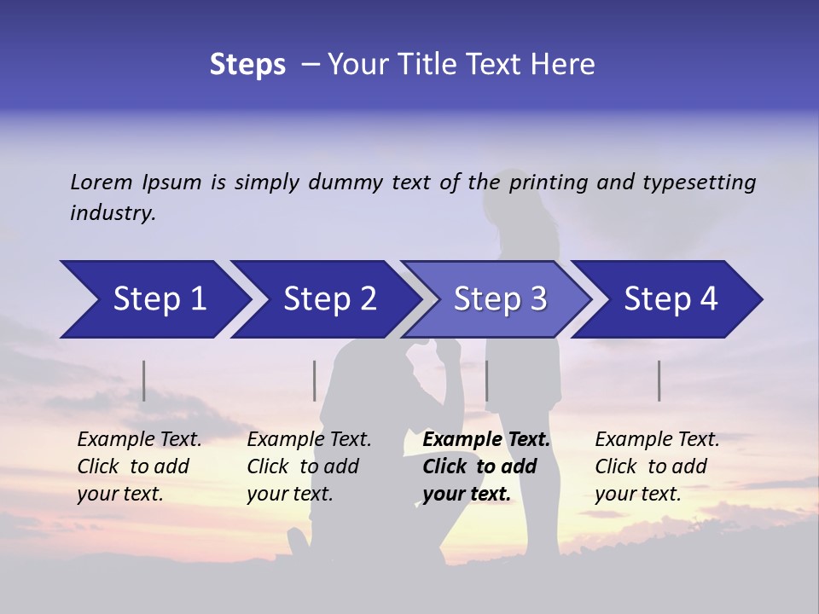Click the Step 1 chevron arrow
(154, 299)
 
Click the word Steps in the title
(247, 65)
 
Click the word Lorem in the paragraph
(102, 182)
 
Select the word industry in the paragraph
(113, 213)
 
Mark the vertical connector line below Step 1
(144, 380)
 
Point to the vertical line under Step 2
(315, 380)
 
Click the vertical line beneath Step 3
(487, 380)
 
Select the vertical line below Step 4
(659, 380)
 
